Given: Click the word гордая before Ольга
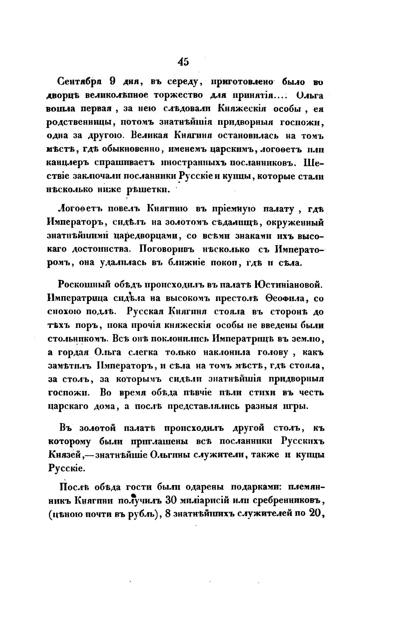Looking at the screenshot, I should click(74, 352).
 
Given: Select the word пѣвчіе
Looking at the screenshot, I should click(182, 393).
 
